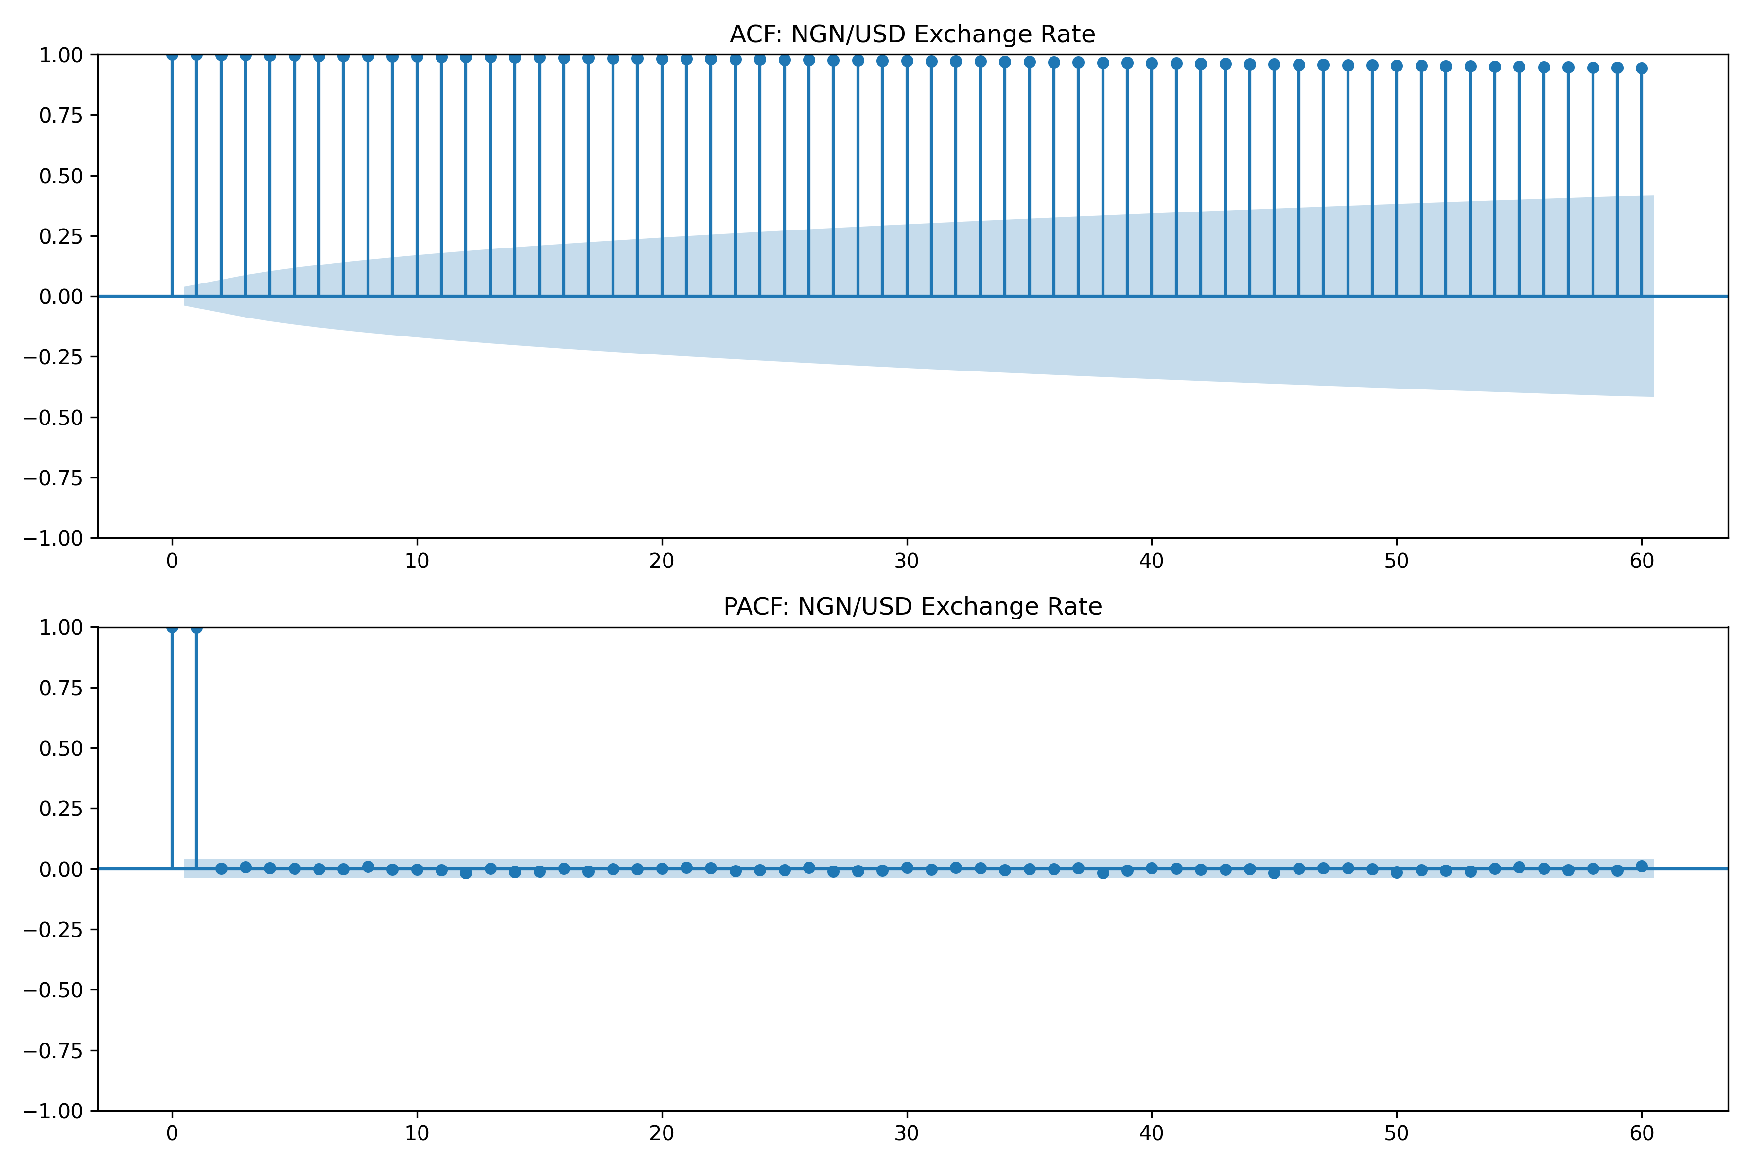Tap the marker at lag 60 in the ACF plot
[1642, 69]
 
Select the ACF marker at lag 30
[907, 61]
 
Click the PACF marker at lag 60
[1642, 866]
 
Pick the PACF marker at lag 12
[466, 873]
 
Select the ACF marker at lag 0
[172, 55]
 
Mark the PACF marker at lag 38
[1102, 873]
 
